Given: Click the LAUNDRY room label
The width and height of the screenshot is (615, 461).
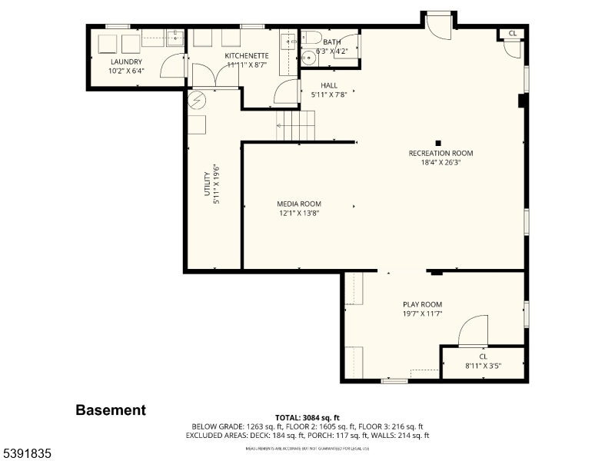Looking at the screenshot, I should click(x=127, y=61).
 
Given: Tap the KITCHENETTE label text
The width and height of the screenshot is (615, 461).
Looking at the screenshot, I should click(x=247, y=56).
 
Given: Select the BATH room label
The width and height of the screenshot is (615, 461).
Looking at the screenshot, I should click(x=332, y=42).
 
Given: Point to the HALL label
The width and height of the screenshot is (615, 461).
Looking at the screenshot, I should click(x=329, y=85).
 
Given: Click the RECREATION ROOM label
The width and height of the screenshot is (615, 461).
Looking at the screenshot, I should click(x=440, y=153).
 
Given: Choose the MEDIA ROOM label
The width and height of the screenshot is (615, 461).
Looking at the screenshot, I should click(x=299, y=204).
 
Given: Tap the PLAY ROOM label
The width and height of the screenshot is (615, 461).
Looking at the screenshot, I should click(x=422, y=304).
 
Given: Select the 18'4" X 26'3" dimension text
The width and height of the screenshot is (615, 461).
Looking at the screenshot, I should click(x=440, y=162).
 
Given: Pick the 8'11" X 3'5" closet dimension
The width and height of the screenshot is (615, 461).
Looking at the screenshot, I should click(x=483, y=366).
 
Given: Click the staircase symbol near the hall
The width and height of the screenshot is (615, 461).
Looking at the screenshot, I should click(x=296, y=125).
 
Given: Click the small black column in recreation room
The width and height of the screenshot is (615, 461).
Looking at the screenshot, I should click(x=438, y=142).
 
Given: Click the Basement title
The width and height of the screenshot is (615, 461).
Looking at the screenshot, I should click(x=110, y=410).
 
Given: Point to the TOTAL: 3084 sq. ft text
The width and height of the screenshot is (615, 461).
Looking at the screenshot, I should click(x=307, y=417).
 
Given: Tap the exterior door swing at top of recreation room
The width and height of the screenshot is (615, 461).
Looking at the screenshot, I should click(x=440, y=25).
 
